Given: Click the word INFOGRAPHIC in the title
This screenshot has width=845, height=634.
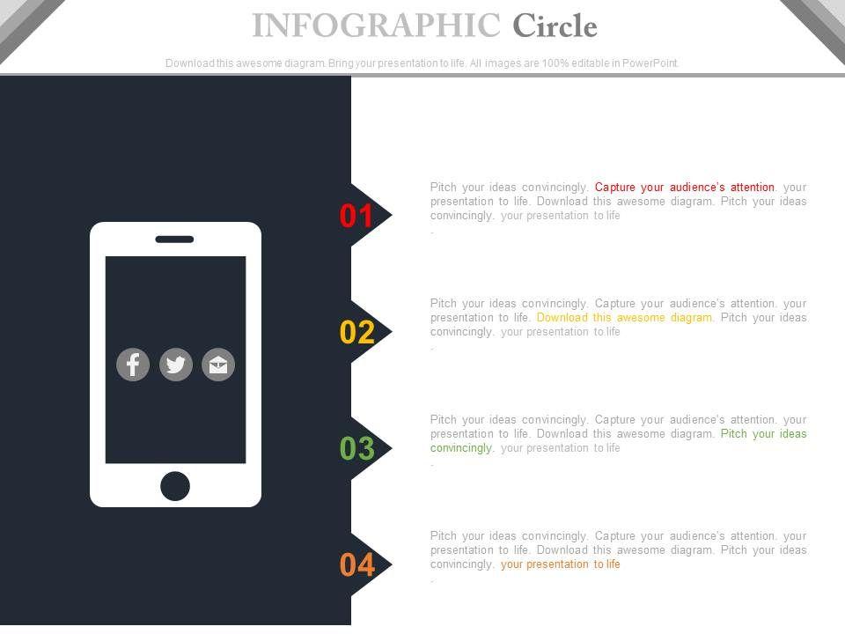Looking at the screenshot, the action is tap(376, 26).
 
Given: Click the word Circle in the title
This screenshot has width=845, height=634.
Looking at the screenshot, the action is tap(555, 26).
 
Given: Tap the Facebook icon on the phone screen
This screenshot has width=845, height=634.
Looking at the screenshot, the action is tap(133, 365).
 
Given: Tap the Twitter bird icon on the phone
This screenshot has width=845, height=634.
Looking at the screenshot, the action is tap(176, 365).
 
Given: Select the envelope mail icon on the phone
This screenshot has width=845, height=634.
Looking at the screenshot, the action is tap(218, 365).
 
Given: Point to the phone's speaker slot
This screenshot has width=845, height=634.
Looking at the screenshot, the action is tap(174, 240).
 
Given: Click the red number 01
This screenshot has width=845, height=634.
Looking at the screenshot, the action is tap(356, 216).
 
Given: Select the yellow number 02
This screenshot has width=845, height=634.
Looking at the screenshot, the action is tap(356, 332).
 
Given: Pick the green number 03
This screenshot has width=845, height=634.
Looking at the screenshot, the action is tap(356, 448).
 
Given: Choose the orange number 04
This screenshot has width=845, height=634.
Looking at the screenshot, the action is tap(356, 565).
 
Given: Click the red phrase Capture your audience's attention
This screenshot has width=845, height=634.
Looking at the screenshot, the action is tap(685, 187).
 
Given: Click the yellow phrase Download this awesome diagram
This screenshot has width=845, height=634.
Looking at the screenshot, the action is tap(624, 318).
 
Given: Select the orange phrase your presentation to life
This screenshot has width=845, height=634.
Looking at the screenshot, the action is tap(561, 564).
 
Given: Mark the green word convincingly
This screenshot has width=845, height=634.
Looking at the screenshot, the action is tap(460, 448).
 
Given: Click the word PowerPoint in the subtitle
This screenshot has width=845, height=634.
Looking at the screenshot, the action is tap(650, 63).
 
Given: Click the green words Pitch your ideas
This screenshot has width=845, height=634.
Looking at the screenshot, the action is tap(764, 433).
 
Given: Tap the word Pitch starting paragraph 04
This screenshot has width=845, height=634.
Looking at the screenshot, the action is tap(443, 536).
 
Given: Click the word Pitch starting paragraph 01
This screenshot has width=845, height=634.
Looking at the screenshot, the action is tap(443, 187).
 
